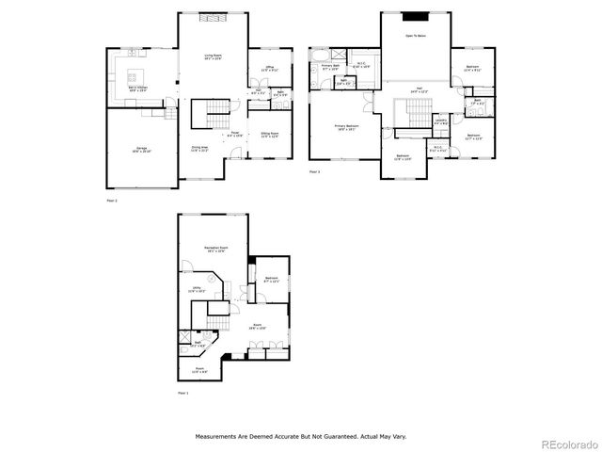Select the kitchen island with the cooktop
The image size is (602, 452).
tap(133, 74)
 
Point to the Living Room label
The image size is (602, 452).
tap(214, 57)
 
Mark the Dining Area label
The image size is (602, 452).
tap(199, 148)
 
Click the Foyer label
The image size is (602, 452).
tap(235, 135)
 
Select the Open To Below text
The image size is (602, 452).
tap(415, 35)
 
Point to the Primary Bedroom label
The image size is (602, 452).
tap(345, 126)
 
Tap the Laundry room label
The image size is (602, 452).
tap(441, 121)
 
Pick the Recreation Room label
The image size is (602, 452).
tap(214, 248)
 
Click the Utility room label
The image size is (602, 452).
tap(196, 290)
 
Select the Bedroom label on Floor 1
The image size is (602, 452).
tap(271, 279)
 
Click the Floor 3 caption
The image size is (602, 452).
tap(314, 172)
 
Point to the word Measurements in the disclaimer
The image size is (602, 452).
tap(218, 436)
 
